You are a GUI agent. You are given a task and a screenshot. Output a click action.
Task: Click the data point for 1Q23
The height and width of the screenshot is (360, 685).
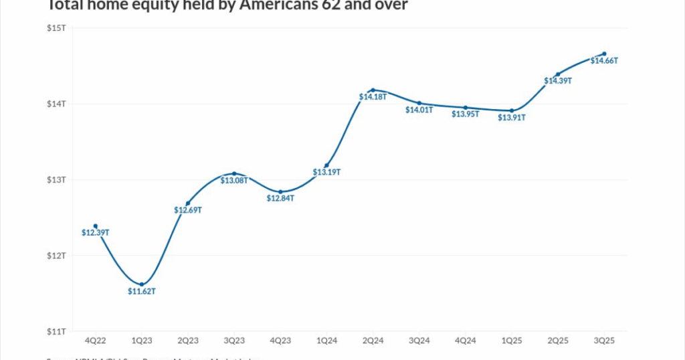coord(142,284)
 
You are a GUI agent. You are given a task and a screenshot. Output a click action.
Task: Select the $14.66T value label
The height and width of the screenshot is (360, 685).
coord(604,61)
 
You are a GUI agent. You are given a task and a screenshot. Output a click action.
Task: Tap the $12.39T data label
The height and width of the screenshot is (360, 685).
coord(96,233)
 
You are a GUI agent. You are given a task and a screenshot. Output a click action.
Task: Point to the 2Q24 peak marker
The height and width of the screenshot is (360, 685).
coord(373,90)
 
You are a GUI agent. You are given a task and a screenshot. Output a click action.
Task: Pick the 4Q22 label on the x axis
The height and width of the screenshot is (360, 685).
coord(96,341)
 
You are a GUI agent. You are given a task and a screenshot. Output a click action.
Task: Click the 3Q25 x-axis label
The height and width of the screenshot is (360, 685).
coord(604,341)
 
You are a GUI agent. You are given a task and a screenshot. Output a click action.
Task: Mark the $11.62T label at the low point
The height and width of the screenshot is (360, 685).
coord(142,292)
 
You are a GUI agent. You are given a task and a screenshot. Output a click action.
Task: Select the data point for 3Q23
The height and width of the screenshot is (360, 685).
coord(234,173)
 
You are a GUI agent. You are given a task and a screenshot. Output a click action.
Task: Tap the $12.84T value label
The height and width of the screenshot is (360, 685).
coord(280,199)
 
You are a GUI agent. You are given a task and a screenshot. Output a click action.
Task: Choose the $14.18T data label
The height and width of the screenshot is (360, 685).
coord(373,97)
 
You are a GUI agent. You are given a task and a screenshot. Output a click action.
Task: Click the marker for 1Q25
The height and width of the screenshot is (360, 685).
coord(512,110)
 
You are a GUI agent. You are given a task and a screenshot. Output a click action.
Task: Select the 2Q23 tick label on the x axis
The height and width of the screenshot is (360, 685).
coord(188,341)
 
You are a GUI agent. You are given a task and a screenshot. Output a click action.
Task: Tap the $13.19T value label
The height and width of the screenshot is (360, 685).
coord(326,173)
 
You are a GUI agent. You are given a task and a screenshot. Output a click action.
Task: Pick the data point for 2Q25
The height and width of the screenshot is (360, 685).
coord(558,74)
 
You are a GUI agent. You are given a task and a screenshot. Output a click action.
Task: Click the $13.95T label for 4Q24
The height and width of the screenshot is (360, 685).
coord(466,114)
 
